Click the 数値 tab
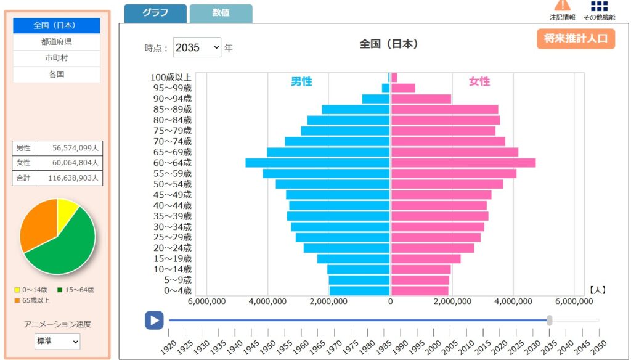click(x=221, y=13)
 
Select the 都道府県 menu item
click(x=56, y=42)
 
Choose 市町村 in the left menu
click(x=56, y=58)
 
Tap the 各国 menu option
click(x=56, y=75)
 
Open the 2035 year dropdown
click(x=197, y=47)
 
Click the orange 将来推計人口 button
click(x=576, y=38)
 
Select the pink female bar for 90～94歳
click(x=421, y=99)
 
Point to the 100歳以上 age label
click(x=171, y=78)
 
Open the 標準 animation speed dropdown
click(x=57, y=341)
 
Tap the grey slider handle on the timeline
click(x=549, y=320)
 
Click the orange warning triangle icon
click(x=562, y=5)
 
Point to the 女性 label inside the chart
click(x=479, y=81)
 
